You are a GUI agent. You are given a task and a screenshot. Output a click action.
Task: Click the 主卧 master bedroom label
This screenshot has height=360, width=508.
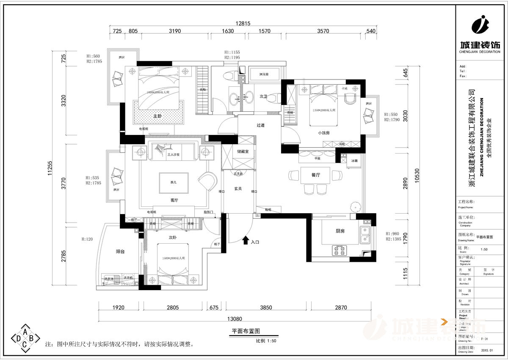pos(157,116)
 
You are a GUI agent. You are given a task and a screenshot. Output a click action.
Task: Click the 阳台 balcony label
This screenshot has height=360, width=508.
pos(121,251)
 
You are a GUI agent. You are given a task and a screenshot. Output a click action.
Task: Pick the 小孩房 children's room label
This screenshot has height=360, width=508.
pos(323,132)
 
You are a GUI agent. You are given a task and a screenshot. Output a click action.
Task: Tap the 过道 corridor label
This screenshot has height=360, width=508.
pos(260,125)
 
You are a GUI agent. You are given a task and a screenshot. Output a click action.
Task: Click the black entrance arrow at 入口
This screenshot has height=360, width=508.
pos(245,241)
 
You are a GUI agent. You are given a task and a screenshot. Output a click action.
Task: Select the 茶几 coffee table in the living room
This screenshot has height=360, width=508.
pos(173,183)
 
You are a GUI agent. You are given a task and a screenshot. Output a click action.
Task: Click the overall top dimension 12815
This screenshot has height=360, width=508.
pos(243,24)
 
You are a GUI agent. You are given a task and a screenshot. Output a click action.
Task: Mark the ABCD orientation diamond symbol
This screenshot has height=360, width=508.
pos(25,338)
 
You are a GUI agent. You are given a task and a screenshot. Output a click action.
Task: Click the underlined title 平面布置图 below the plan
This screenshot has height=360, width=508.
pos(245,331)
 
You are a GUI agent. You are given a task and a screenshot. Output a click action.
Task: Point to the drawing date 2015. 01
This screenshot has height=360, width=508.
pos(488,350)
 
